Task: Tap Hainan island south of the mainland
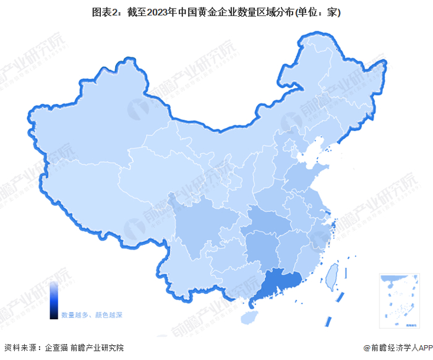[247, 316]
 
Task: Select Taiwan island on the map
[332, 272]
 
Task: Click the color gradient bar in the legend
[54, 301]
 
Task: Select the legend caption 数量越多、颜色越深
[92, 315]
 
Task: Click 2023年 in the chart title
[163, 12]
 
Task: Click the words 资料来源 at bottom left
[19, 348]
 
